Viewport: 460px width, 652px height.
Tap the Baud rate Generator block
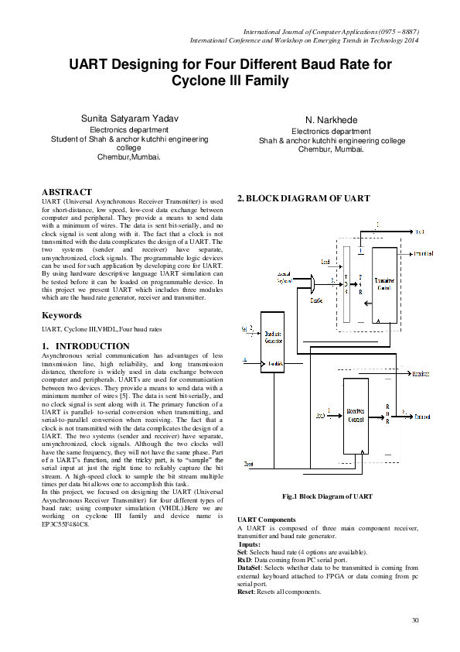point(272,341)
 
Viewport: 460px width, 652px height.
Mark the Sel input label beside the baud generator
point(246,328)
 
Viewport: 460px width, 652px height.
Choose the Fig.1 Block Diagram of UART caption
point(329,496)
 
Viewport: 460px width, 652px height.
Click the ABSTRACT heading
point(66,191)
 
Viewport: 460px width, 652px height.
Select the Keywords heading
point(62,316)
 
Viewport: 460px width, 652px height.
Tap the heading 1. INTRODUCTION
point(86,346)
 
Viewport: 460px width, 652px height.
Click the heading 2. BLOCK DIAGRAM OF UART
point(304,199)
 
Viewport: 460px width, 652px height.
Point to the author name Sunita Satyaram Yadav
point(130,118)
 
